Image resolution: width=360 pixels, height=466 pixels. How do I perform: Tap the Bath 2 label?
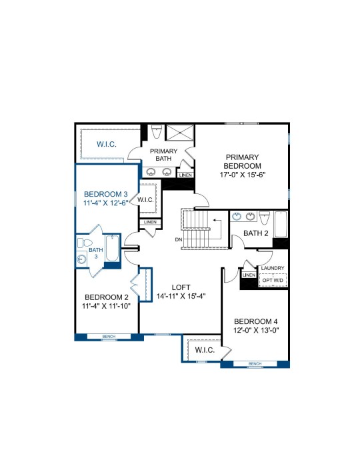(x=255, y=233)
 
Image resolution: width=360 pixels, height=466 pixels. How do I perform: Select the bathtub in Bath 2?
(x=280, y=225)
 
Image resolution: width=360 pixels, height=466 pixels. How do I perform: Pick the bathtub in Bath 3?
(x=112, y=248)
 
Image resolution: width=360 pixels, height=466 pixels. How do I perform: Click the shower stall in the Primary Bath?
(x=179, y=132)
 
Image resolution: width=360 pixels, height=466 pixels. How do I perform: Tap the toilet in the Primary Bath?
(x=157, y=131)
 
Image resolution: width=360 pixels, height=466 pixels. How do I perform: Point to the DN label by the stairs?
(x=179, y=239)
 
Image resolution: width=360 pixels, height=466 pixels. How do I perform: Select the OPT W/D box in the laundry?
(x=273, y=280)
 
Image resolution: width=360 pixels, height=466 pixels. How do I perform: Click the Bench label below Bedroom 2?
(x=109, y=337)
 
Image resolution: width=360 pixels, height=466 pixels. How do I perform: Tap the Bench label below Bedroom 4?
(x=255, y=364)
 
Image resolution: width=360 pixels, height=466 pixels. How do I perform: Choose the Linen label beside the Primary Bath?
(x=185, y=175)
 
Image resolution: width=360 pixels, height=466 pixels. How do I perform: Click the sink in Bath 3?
(x=81, y=259)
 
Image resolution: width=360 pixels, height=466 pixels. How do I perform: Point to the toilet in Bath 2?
(x=264, y=217)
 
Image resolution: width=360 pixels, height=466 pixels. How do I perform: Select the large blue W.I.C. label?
(x=107, y=145)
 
